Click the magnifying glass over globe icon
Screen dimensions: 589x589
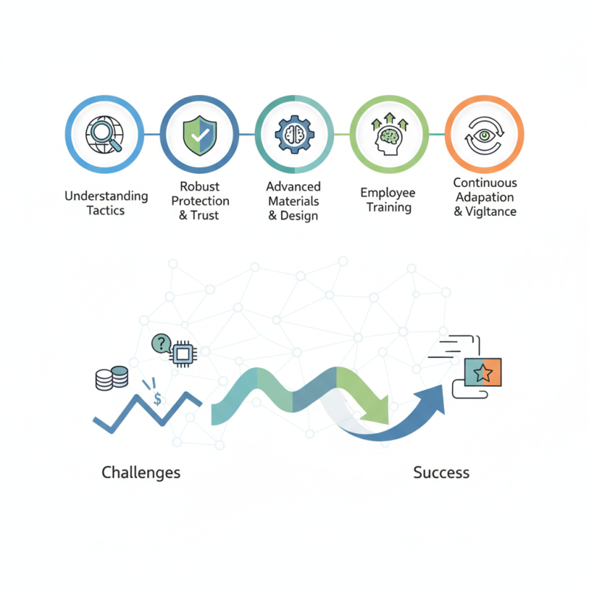click(105, 135)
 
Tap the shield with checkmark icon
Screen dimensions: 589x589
click(200, 135)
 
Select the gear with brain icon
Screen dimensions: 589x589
click(294, 135)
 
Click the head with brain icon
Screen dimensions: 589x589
click(389, 134)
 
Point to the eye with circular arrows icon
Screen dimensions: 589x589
click(484, 135)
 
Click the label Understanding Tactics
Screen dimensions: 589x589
click(106, 203)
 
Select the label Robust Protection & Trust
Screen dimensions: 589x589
click(200, 201)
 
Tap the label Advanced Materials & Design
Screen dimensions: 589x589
click(294, 201)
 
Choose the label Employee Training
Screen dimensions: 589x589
click(388, 200)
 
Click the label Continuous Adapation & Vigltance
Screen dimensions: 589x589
click(485, 197)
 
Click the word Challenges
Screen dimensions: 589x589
click(141, 473)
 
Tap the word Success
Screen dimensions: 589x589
click(441, 473)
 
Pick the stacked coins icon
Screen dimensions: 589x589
click(112, 378)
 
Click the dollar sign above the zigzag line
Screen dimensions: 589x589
click(158, 398)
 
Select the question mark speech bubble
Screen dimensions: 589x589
click(161, 343)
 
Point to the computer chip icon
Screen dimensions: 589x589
click(183, 354)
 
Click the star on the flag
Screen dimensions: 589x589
click(483, 373)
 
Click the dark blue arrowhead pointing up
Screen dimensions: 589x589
click(432, 399)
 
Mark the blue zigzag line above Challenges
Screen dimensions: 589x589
click(147, 412)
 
